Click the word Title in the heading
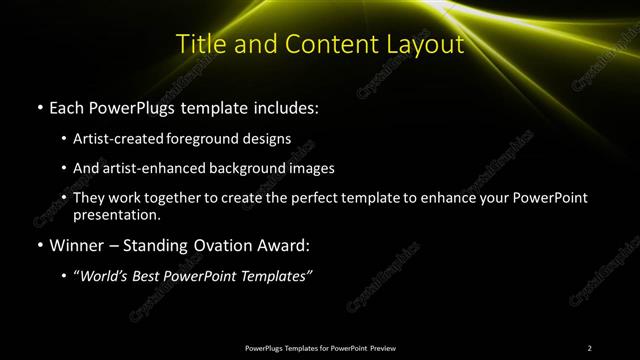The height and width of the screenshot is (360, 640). [199, 45]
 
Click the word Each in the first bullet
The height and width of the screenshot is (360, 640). [67, 106]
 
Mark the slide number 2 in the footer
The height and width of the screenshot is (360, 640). [590, 348]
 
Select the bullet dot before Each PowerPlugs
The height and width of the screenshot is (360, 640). [39, 107]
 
